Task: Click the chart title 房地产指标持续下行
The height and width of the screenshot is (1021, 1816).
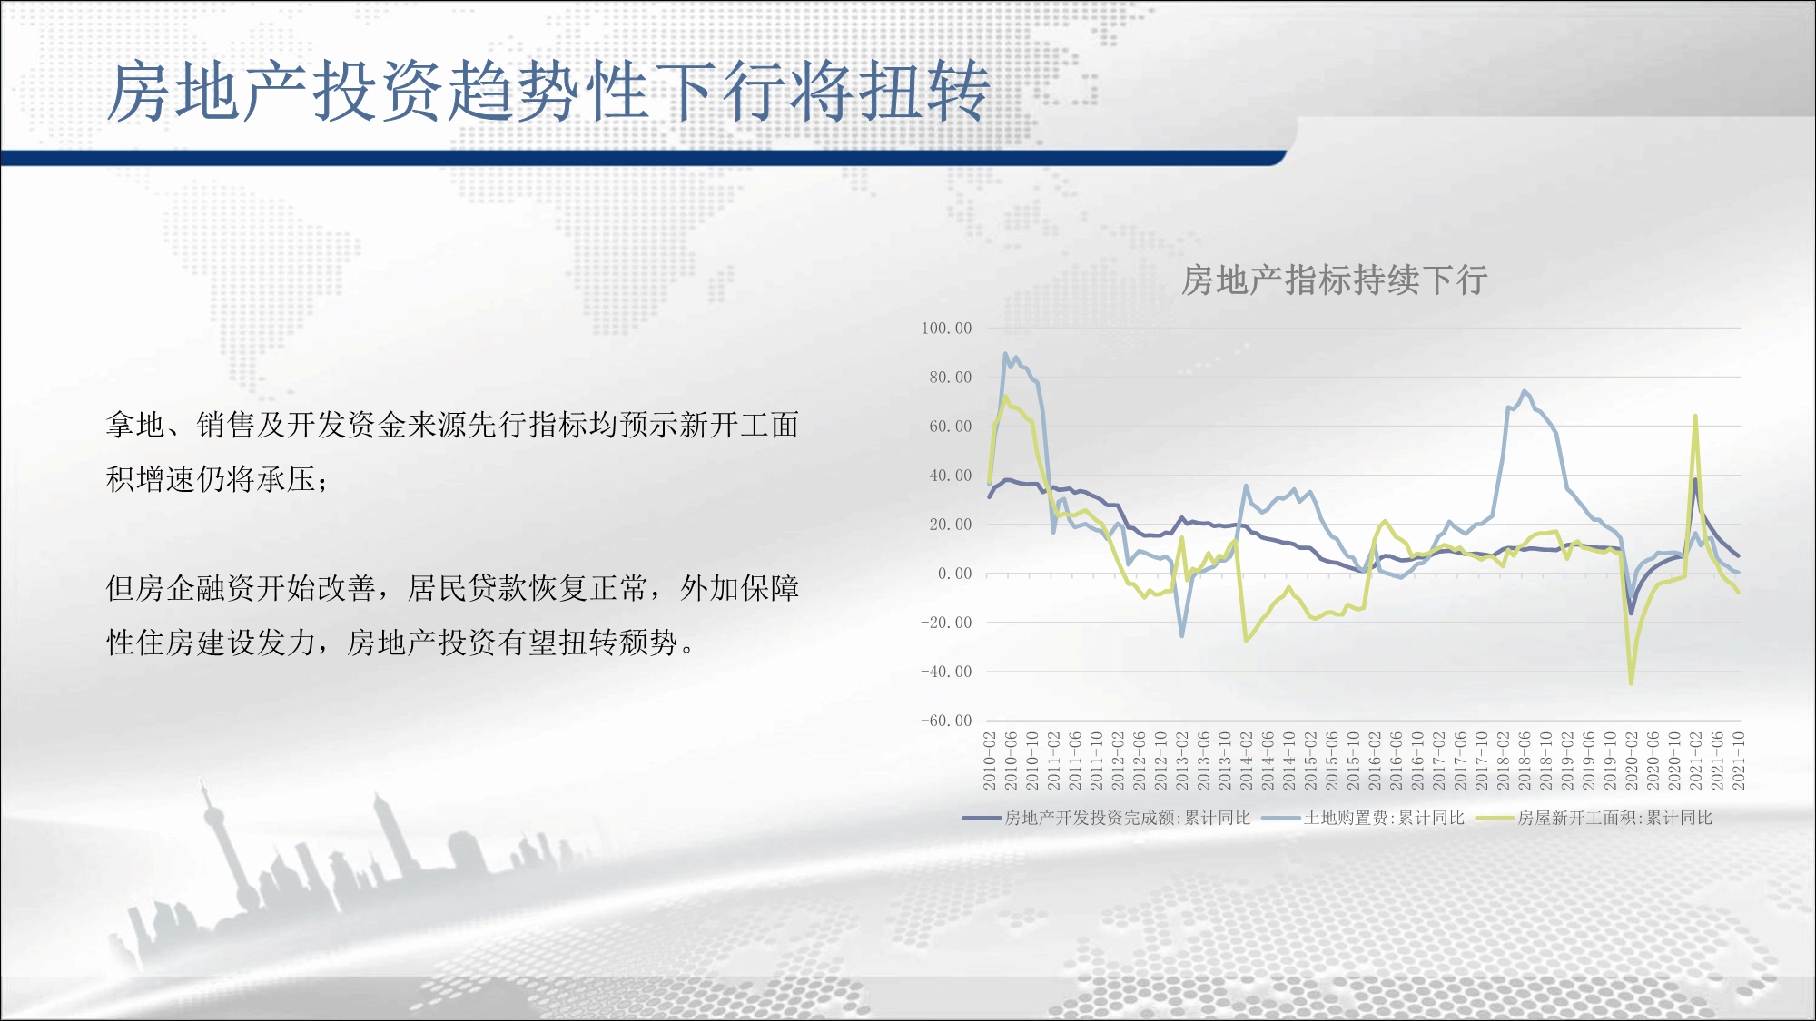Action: (1334, 280)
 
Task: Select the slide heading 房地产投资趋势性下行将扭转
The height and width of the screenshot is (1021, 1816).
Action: (548, 91)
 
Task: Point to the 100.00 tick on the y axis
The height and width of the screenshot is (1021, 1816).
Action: (946, 329)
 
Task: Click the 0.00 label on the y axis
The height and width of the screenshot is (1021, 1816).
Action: (954, 574)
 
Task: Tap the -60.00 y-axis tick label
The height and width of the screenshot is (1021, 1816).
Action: (946, 721)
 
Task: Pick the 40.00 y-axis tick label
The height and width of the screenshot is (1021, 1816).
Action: (950, 476)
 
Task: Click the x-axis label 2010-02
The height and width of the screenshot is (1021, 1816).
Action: (990, 761)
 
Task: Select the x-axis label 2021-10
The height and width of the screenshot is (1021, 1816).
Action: (1739, 761)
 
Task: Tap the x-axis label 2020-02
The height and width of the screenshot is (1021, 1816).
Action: (1632, 761)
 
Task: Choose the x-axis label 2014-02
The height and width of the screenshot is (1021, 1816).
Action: (1247, 761)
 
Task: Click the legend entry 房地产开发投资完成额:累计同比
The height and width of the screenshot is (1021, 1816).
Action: (1107, 818)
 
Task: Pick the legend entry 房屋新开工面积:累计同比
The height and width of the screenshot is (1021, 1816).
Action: (1594, 818)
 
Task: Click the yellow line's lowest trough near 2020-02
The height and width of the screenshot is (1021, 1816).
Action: (1632, 683)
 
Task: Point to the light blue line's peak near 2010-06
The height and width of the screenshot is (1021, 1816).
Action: (1005, 354)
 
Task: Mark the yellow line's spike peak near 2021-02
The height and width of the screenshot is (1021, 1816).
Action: (1695, 417)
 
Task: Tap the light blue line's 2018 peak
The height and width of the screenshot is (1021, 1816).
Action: (1525, 391)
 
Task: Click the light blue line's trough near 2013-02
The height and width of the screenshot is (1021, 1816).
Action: (1182, 635)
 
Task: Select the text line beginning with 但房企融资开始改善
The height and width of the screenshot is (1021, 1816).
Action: (452, 588)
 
